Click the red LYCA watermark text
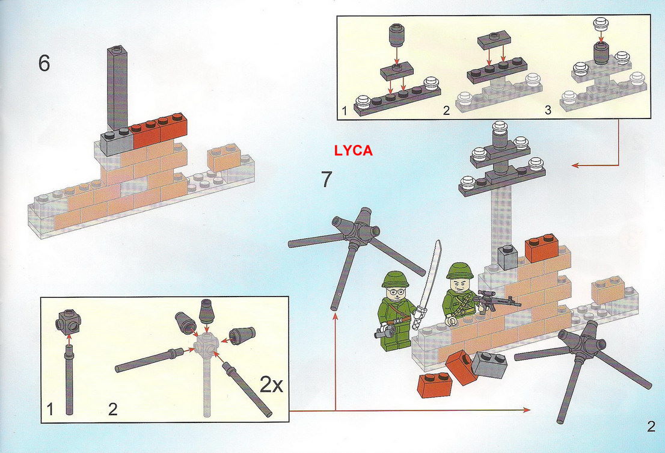(x=354, y=150)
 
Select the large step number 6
(x=44, y=64)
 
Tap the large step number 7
(x=326, y=179)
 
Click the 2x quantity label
(x=271, y=385)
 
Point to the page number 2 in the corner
(x=651, y=427)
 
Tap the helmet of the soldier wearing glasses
(x=395, y=280)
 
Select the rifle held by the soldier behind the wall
(x=495, y=301)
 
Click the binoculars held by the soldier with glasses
(x=384, y=331)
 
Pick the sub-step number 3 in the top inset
(x=548, y=110)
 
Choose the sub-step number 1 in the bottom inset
(x=50, y=410)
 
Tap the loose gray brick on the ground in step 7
(x=489, y=365)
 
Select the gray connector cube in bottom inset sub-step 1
(x=68, y=322)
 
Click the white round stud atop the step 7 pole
(x=500, y=128)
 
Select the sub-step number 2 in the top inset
(x=446, y=110)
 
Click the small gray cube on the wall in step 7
(x=507, y=257)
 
